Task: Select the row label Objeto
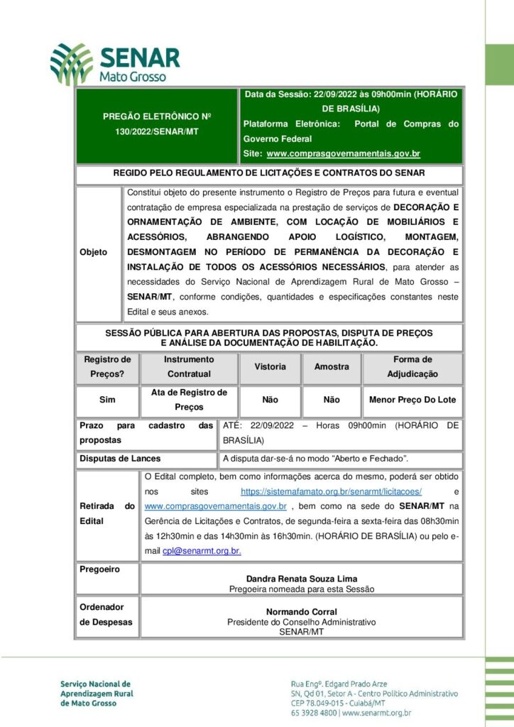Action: click(x=94, y=252)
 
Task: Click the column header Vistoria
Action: click(x=270, y=367)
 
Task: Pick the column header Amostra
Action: click(x=332, y=367)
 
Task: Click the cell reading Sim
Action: click(x=107, y=400)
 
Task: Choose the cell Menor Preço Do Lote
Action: click(x=412, y=400)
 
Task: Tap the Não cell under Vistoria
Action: click(x=270, y=400)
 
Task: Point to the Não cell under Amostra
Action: click(x=332, y=400)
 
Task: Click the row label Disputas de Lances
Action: click(x=120, y=459)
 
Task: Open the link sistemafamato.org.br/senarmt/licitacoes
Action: click(x=332, y=491)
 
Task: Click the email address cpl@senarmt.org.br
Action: click(x=202, y=550)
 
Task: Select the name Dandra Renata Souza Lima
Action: click(x=301, y=579)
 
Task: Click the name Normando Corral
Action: click(x=301, y=611)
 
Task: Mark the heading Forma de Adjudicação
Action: click(x=412, y=367)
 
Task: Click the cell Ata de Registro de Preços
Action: click(x=189, y=400)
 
